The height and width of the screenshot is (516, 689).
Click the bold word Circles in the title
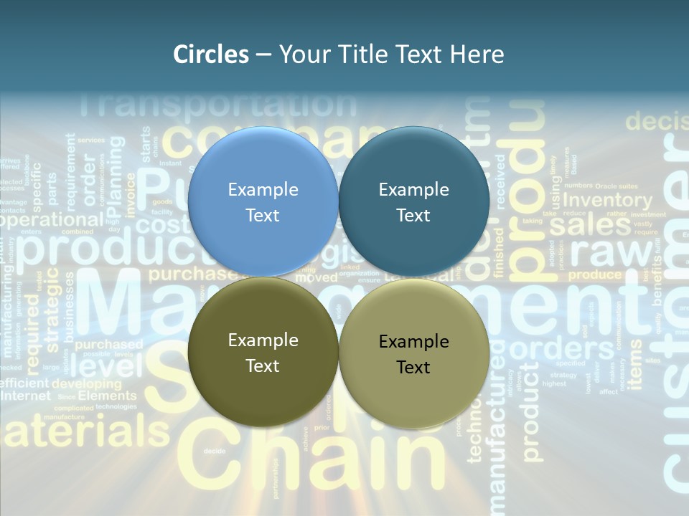[x=211, y=54]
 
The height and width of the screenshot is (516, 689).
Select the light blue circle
[x=263, y=202]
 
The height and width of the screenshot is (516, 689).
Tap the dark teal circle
[x=413, y=202]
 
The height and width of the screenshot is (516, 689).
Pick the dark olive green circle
[x=263, y=353]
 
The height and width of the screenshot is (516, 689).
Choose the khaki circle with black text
[x=413, y=354]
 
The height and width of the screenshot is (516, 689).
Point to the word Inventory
[x=607, y=200]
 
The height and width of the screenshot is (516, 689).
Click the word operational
[x=50, y=220]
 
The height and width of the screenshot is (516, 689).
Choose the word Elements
[x=107, y=396]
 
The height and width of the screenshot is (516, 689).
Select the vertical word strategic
[x=53, y=315]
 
